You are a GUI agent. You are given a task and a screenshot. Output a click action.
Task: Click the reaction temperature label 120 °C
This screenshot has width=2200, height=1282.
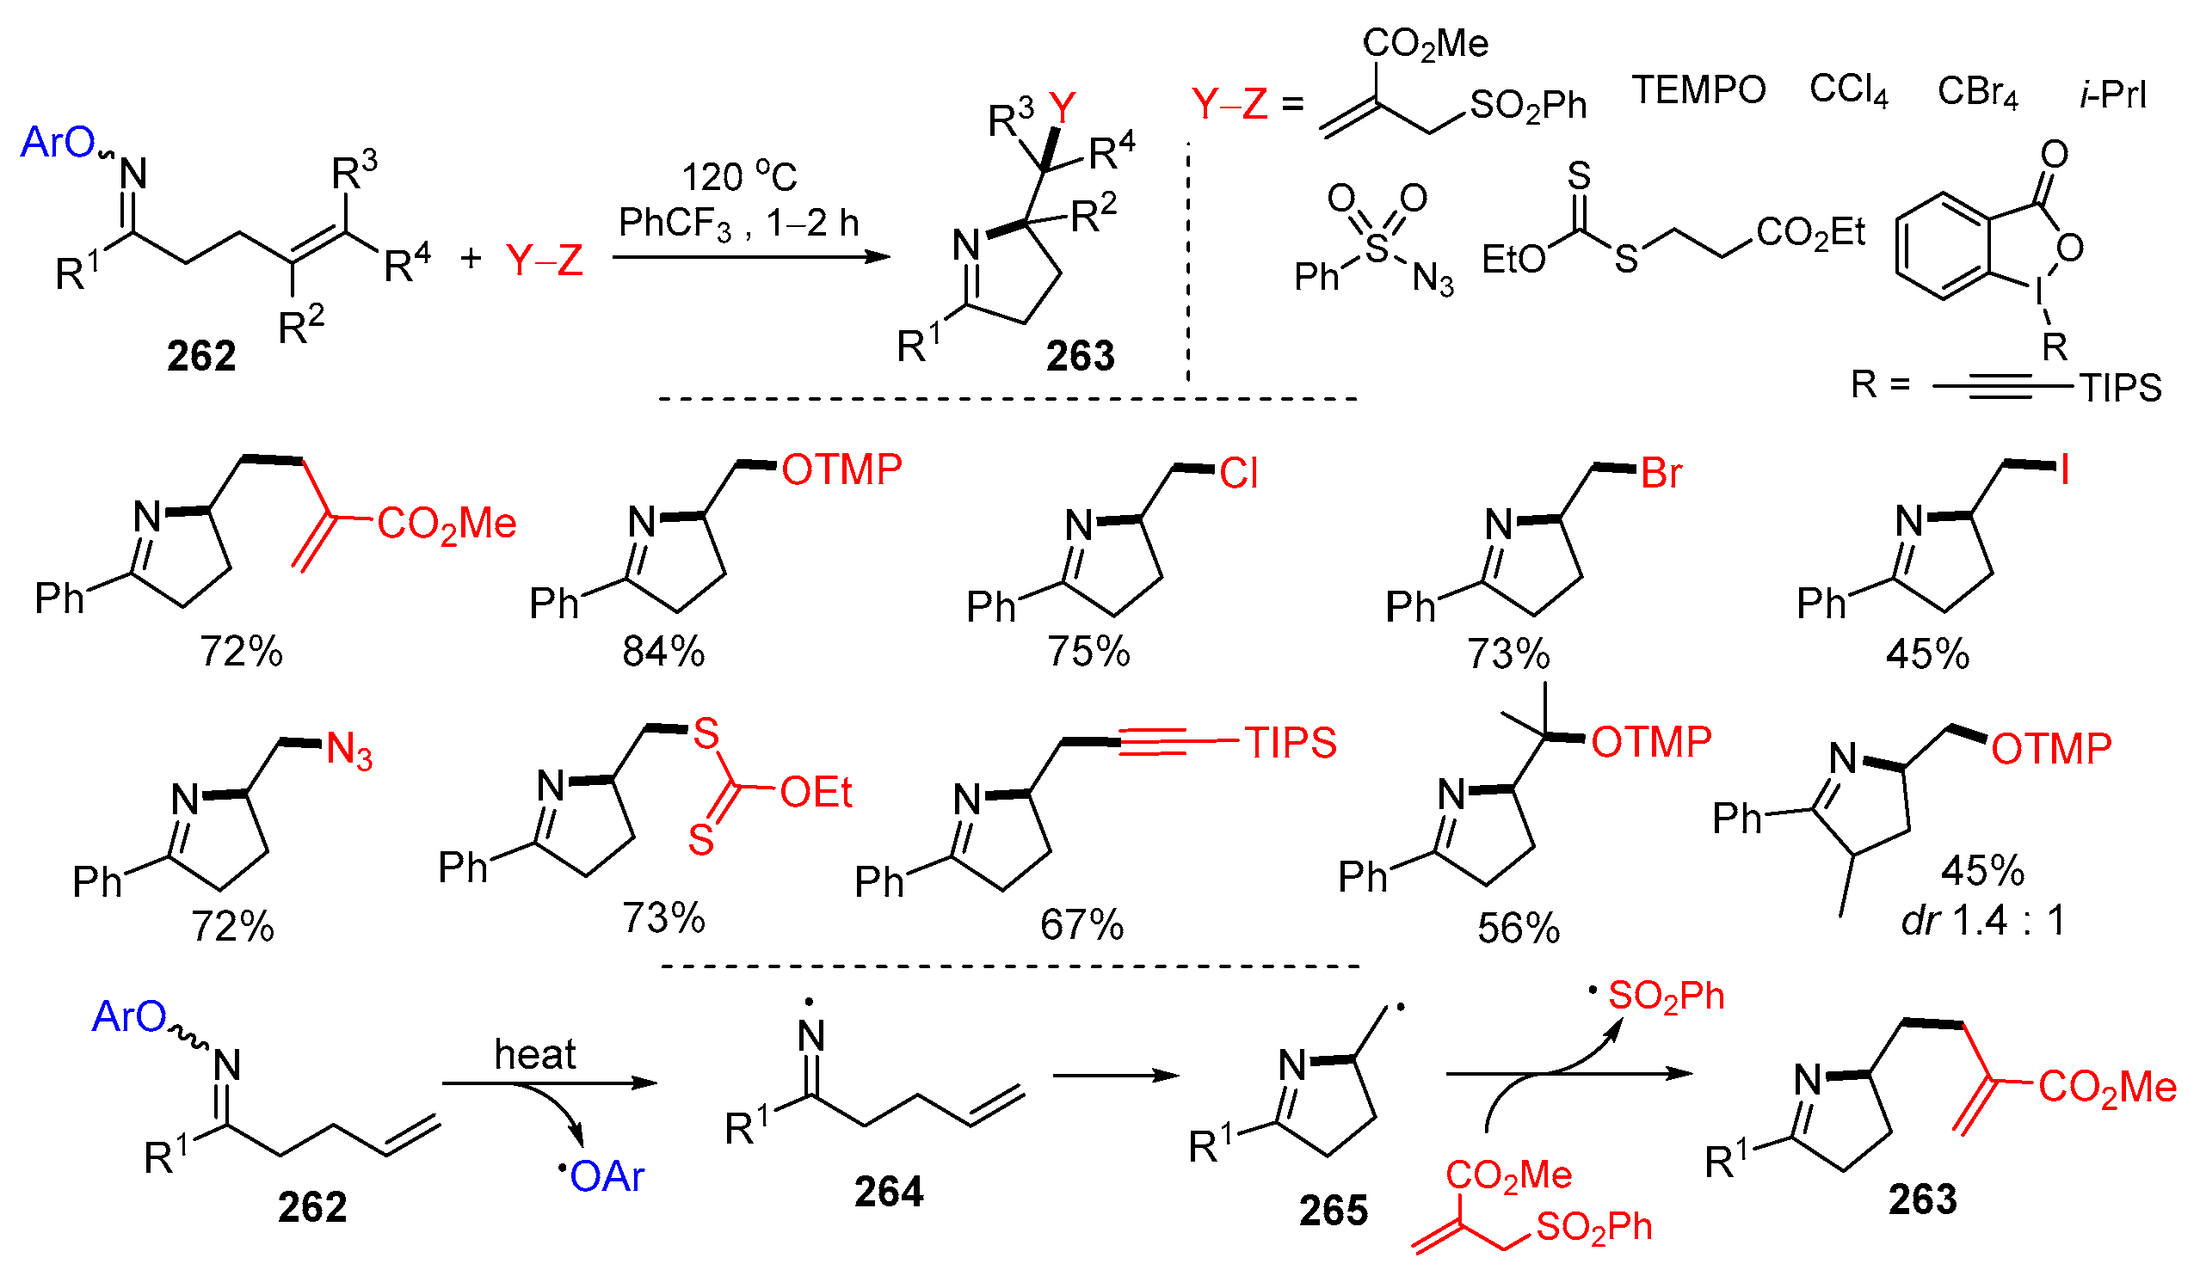click(738, 176)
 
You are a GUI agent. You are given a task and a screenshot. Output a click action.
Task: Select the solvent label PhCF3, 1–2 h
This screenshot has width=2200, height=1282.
click(738, 224)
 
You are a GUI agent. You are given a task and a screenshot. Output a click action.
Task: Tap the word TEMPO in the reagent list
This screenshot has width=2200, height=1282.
click(1698, 90)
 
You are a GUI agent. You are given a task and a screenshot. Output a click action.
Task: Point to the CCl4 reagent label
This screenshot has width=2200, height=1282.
click(1848, 90)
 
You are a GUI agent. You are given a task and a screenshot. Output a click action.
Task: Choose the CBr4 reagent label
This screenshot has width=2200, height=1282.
click(1977, 92)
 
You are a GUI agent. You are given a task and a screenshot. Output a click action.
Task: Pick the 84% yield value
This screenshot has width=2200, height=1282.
click(663, 652)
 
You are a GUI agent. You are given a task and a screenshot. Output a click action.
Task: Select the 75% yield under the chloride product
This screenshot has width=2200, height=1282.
click(1088, 652)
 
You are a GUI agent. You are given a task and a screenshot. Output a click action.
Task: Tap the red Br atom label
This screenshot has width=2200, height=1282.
click(1661, 474)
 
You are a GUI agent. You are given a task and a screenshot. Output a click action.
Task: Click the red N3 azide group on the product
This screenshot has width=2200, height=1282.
click(349, 751)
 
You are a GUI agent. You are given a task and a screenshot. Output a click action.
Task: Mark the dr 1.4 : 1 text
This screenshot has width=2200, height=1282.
click(1982, 921)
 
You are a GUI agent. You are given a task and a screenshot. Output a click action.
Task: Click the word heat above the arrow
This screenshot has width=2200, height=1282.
click(535, 1054)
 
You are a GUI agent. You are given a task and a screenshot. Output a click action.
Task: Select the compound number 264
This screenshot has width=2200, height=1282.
click(889, 1191)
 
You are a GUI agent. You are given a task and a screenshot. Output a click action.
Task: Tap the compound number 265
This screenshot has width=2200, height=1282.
click(1333, 1210)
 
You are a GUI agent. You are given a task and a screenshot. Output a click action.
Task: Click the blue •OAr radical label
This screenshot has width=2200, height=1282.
click(602, 1177)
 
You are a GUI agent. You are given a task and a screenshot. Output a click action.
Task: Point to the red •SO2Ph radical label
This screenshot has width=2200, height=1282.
click(1659, 997)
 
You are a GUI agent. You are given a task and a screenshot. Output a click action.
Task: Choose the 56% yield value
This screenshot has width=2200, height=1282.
click(1519, 929)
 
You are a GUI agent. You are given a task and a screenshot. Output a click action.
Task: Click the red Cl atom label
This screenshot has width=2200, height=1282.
click(1238, 474)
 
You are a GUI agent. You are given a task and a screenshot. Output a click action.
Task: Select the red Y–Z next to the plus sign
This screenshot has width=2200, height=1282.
click(544, 260)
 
